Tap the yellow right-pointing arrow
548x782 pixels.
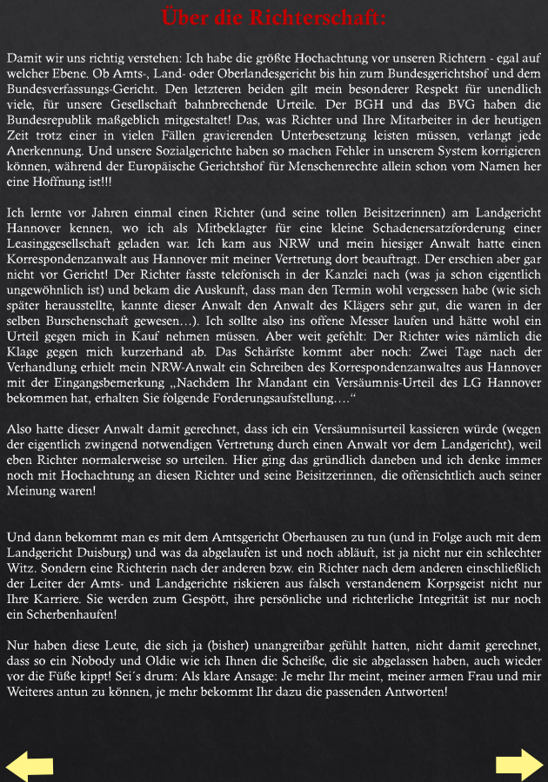(519, 764)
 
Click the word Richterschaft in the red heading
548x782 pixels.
(321, 18)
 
